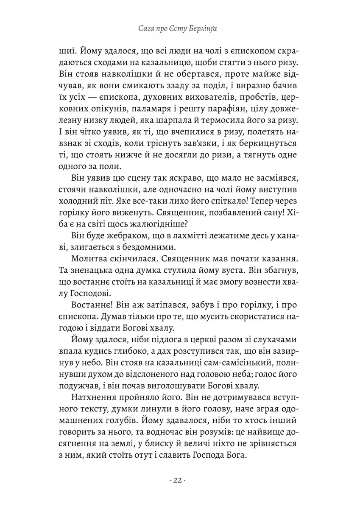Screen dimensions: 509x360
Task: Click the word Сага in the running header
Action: click(148, 29)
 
